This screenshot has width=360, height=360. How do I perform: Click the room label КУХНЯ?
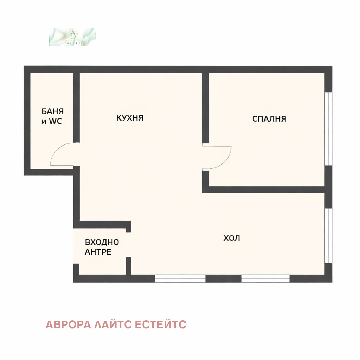[130, 118]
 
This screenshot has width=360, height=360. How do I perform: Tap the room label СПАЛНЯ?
[269, 119]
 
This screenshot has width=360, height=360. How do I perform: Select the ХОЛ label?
[232, 238]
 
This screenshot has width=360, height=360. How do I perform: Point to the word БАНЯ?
[53, 111]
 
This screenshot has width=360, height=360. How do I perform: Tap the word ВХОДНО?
[102, 242]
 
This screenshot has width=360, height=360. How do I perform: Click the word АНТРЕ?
[98, 252]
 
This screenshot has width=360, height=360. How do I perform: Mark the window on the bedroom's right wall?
[328, 128]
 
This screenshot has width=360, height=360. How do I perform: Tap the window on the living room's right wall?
[328, 236]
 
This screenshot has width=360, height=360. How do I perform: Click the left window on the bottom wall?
[180, 279]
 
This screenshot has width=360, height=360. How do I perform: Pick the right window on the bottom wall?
[265, 279]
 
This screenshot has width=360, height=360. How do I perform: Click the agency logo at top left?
[72, 37]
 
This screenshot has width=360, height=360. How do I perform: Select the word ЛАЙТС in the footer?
[109, 324]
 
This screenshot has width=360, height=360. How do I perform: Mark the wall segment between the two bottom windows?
[223, 279]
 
